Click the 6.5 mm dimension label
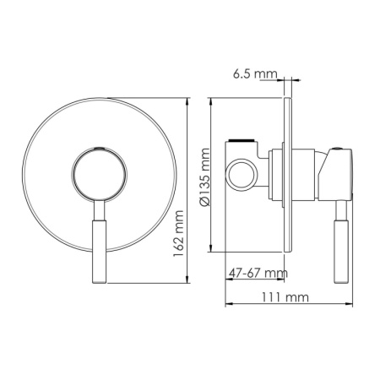[x=254, y=75]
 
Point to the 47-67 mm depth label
[x=258, y=273]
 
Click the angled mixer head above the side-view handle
[x=335, y=173]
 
